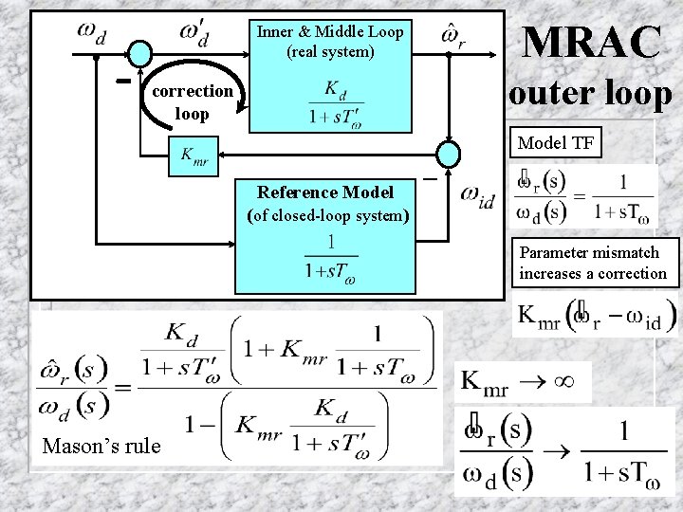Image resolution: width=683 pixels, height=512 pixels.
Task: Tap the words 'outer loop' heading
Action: [591, 93]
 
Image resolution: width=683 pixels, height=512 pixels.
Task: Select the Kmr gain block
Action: [194, 155]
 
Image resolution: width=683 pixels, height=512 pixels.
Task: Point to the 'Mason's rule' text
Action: [102, 446]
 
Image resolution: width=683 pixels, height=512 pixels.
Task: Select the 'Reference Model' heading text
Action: [326, 192]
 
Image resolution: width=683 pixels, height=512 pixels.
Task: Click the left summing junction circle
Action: [139, 55]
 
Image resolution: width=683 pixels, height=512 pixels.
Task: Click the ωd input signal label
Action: [91, 33]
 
